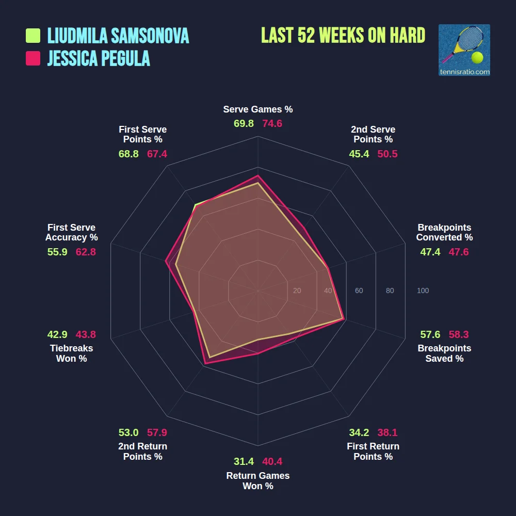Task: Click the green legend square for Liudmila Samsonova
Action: (x=33, y=36)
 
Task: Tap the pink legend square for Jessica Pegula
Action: (x=33, y=59)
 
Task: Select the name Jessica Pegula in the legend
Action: (x=99, y=59)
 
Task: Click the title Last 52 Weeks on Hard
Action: (x=343, y=36)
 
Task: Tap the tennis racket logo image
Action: (x=464, y=50)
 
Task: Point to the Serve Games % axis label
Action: (x=258, y=109)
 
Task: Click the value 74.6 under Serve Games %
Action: (x=272, y=124)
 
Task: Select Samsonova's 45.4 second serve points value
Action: (x=359, y=154)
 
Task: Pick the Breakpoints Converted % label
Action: (x=444, y=233)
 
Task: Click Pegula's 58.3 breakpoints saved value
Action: (x=459, y=334)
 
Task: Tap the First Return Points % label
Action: (x=373, y=451)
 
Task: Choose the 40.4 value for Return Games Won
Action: (x=272, y=462)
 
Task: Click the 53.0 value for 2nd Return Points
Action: (x=128, y=432)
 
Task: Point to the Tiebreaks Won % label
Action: (x=71, y=353)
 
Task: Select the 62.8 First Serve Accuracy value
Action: (x=86, y=252)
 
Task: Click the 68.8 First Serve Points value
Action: (x=128, y=154)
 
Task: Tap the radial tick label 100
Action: (x=423, y=291)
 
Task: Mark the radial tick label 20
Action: (x=297, y=291)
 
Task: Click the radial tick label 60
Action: (x=359, y=291)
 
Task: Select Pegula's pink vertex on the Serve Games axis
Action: (x=258, y=175)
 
